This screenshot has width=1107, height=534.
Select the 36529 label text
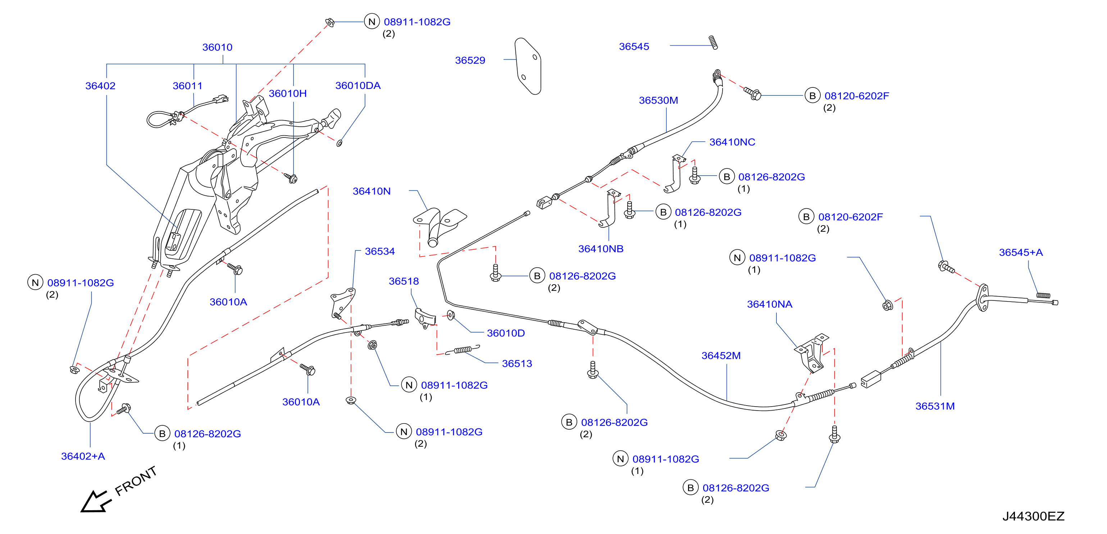pyautogui.click(x=470, y=60)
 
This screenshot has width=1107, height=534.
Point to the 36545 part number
pyautogui.click(x=634, y=46)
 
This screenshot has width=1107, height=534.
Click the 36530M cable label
pyautogui.click(x=659, y=100)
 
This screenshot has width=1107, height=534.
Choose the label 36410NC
pyautogui.click(x=732, y=142)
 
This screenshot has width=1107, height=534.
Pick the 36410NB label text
pyautogui.click(x=600, y=249)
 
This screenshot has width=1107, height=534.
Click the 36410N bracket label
pyautogui.click(x=371, y=191)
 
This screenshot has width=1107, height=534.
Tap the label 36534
pyautogui.click(x=379, y=251)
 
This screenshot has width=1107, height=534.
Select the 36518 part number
pyautogui.click(x=404, y=281)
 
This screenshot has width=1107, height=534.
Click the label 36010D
pyautogui.click(x=505, y=333)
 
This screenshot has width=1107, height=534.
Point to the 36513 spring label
pyautogui.click(x=516, y=363)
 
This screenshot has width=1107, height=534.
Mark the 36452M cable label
pyautogui.click(x=721, y=356)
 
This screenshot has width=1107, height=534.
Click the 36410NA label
pyautogui.click(x=769, y=304)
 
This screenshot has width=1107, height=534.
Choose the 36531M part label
pyautogui.click(x=935, y=406)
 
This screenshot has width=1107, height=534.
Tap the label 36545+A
pyautogui.click(x=1021, y=252)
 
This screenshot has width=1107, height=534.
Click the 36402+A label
pyautogui.click(x=83, y=456)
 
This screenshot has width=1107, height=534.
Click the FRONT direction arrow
pyautogui.click(x=95, y=501)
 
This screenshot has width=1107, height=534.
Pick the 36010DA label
pyautogui.click(x=357, y=86)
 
